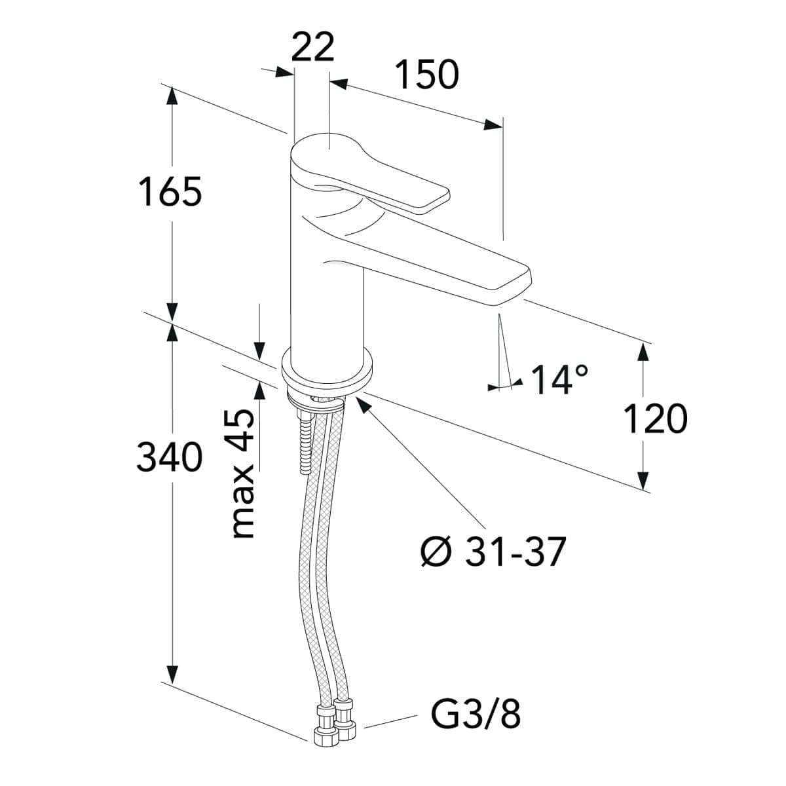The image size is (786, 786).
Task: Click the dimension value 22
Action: click(313, 47)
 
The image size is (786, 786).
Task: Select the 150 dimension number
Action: click(428, 75)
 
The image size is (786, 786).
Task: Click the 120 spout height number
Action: click(656, 419)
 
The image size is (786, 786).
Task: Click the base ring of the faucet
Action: click(327, 369)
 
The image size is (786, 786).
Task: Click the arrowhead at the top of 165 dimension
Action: click(172, 98)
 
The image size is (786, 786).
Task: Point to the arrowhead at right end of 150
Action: click(493, 124)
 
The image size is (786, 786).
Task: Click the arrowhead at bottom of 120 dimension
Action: click(643, 479)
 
